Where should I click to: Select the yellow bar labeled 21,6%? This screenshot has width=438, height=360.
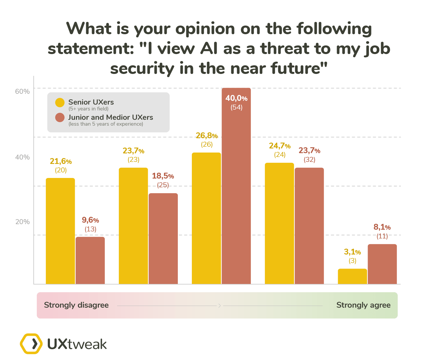60,231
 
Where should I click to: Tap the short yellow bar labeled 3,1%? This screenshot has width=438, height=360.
352,276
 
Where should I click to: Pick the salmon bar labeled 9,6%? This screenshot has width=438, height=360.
90,260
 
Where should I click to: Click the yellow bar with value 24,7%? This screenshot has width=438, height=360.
279,223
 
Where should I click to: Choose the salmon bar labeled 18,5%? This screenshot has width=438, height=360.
163,238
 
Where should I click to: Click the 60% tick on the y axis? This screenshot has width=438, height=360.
22,91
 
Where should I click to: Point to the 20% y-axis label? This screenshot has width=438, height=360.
22,222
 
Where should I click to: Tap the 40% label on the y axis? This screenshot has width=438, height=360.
22,157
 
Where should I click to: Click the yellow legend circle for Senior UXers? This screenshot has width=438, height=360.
60,103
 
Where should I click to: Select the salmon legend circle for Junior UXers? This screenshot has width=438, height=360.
60,117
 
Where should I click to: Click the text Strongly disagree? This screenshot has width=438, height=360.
76,305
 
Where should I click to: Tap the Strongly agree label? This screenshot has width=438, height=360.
363,305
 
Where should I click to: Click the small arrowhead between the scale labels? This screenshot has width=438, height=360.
220,306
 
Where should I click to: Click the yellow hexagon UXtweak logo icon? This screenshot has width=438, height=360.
31,344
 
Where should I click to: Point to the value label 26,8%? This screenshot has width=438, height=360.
206,136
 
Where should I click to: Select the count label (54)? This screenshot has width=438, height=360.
236,107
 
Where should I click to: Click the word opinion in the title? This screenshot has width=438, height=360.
205,29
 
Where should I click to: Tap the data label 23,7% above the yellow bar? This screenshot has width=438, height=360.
133,151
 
